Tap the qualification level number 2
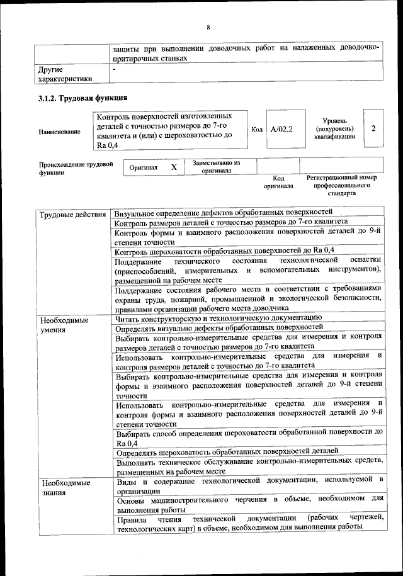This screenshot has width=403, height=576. [373, 128]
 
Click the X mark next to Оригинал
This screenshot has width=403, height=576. [173, 168]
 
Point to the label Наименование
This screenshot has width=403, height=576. [60, 132]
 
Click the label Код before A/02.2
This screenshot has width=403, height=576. [257, 129]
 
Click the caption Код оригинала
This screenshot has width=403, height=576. [278, 182]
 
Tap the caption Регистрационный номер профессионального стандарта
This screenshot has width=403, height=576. [342, 186]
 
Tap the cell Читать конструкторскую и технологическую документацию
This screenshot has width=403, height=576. [218, 318]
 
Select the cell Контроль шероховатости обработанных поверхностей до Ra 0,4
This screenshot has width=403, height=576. [224, 251]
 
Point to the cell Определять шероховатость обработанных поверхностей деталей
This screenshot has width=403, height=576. [227, 451]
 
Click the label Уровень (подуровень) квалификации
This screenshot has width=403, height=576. [338, 128]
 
